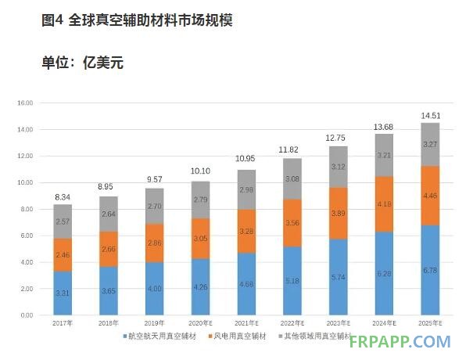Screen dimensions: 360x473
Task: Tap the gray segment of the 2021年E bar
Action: point(246,189)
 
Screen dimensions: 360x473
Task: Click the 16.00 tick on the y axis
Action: point(25,103)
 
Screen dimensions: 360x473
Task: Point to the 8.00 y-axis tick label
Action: point(26,209)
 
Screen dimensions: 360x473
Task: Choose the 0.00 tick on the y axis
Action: point(26,315)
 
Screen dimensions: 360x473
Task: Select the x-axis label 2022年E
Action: point(291,324)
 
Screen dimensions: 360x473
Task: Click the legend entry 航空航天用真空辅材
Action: point(163,336)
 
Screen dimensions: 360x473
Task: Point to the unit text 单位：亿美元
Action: point(82,63)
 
